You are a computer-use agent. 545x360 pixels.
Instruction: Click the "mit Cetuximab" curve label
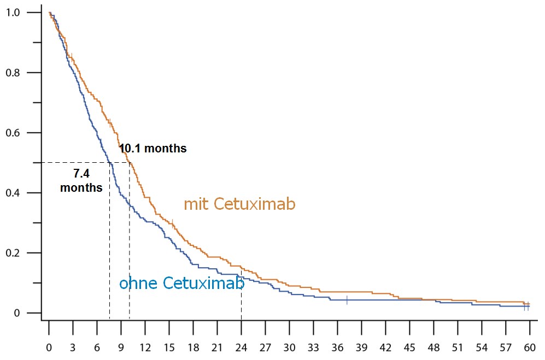click(x=239, y=204)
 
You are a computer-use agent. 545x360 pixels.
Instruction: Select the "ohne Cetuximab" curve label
click(x=181, y=283)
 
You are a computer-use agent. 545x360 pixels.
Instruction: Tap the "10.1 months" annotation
click(x=153, y=148)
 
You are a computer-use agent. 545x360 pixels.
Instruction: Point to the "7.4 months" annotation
click(x=81, y=180)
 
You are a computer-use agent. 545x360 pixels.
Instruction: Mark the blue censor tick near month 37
click(x=347, y=300)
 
